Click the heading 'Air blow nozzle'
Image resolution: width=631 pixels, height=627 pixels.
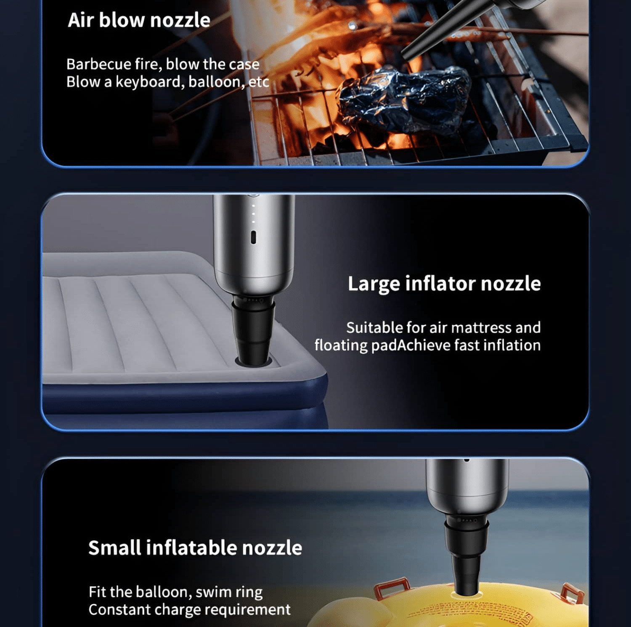(139, 20)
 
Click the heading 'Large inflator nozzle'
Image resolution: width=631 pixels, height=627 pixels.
(444, 284)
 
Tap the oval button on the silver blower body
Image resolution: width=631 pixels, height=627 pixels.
(253, 237)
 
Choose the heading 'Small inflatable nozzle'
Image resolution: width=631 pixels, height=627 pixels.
(195, 548)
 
